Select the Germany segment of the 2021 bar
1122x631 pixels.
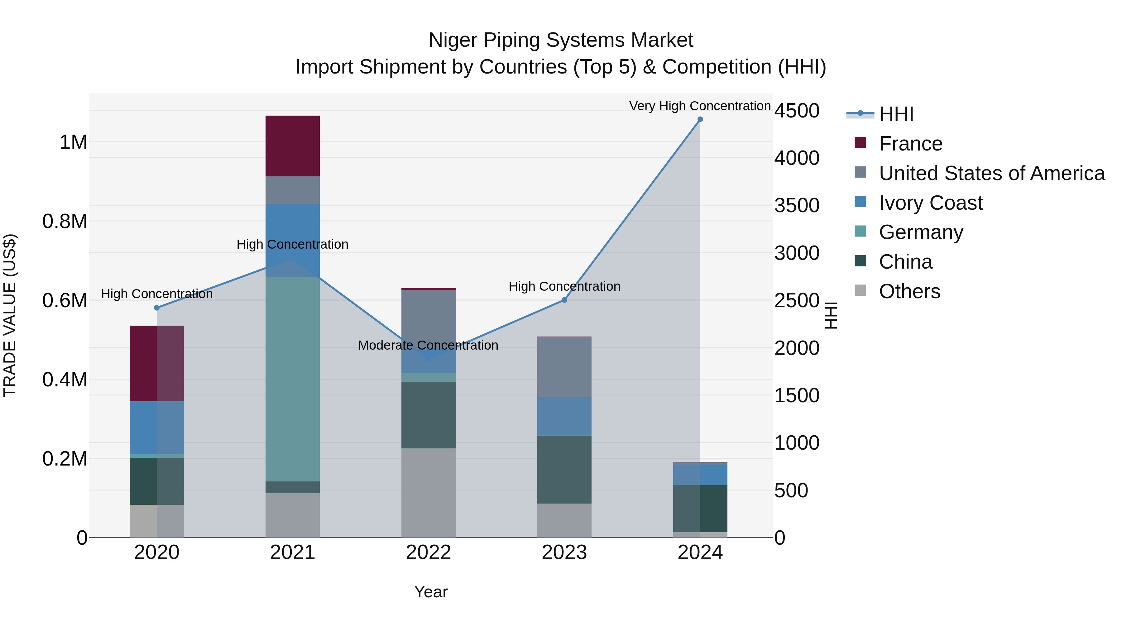(292, 379)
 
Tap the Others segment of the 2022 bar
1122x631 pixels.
(428, 493)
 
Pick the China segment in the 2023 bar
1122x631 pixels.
(564, 470)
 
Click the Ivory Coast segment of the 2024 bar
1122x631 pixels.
(700, 475)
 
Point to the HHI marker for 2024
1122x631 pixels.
(700, 119)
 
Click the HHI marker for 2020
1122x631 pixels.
(157, 308)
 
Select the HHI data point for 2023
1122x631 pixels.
(564, 300)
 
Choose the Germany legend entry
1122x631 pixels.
(921, 232)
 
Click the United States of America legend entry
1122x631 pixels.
(991, 173)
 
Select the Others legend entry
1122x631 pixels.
(909, 291)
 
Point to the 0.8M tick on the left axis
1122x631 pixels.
(65, 221)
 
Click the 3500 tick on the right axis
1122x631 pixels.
(797, 206)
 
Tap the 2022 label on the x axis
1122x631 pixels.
(428, 552)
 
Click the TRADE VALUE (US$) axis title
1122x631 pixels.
(10, 315)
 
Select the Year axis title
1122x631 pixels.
(431, 592)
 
